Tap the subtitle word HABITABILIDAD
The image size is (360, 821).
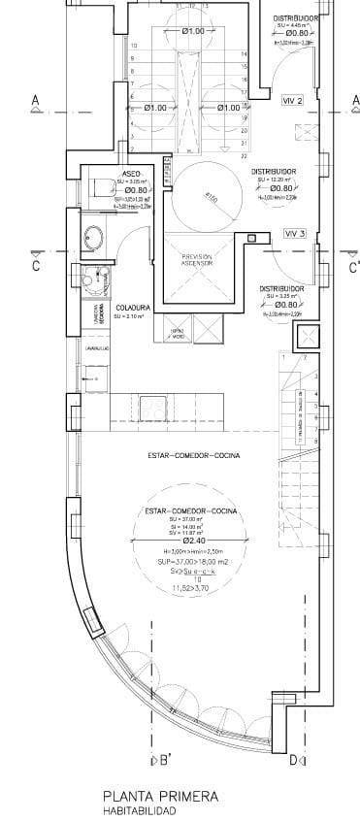point(136,809)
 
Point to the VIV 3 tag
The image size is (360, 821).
point(295,234)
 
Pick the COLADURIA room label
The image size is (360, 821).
point(129,308)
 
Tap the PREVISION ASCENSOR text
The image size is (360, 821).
point(197,260)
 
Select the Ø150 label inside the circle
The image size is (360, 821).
point(212,199)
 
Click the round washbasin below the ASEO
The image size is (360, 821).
point(94,235)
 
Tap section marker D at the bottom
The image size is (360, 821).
point(293,759)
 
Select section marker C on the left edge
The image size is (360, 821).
point(35,265)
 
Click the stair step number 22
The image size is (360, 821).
point(243,154)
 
